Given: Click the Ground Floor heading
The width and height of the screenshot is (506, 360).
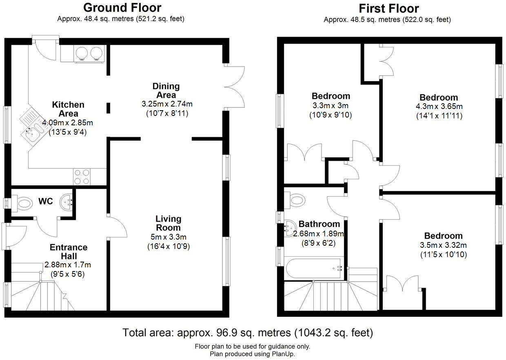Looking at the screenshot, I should pyautogui.click(x=122, y=7).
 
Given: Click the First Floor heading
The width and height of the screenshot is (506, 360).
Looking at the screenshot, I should pyautogui.click(x=388, y=8).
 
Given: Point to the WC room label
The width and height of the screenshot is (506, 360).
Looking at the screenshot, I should pyautogui.click(x=46, y=202).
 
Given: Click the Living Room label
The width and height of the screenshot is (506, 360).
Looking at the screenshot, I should pyautogui.click(x=168, y=223).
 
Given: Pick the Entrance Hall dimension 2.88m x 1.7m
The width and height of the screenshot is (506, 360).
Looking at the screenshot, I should pyautogui.click(x=68, y=265).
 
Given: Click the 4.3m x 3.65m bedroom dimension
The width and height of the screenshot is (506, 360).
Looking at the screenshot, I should pyautogui.click(x=439, y=107).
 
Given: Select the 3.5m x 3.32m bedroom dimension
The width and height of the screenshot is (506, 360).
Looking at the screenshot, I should pyautogui.click(x=443, y=245).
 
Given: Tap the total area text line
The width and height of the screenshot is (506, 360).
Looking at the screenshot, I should pyautogui.click(x=248, y=333).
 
